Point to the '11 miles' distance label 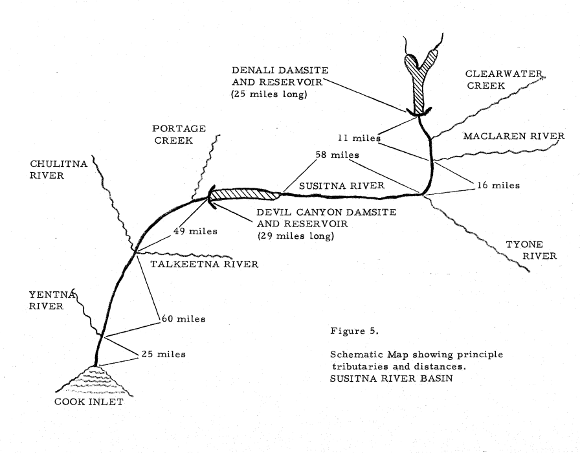357,138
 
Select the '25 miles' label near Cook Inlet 162,354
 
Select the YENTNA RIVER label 41,300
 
